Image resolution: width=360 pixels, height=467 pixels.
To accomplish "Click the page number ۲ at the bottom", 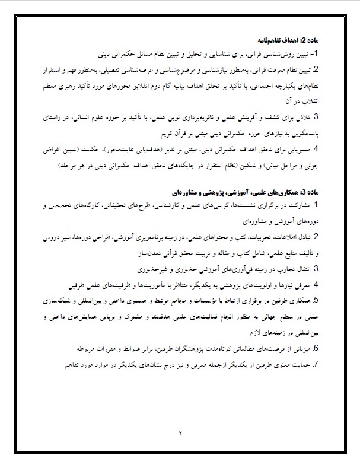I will (180, 432).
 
